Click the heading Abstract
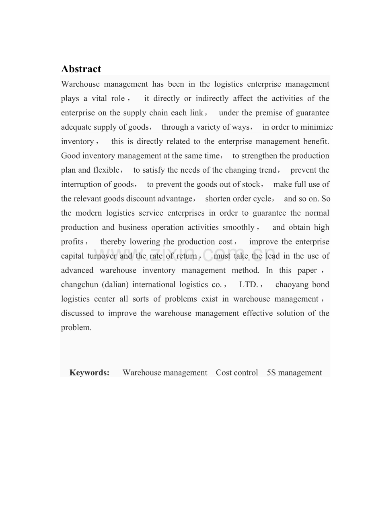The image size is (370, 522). [x=81, y=69]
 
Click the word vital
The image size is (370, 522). [x=99, y=98]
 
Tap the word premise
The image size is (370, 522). [x=269, y=113]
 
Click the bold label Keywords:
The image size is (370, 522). [x=89, y=373]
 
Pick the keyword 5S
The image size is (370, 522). [x=271, y=373]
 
